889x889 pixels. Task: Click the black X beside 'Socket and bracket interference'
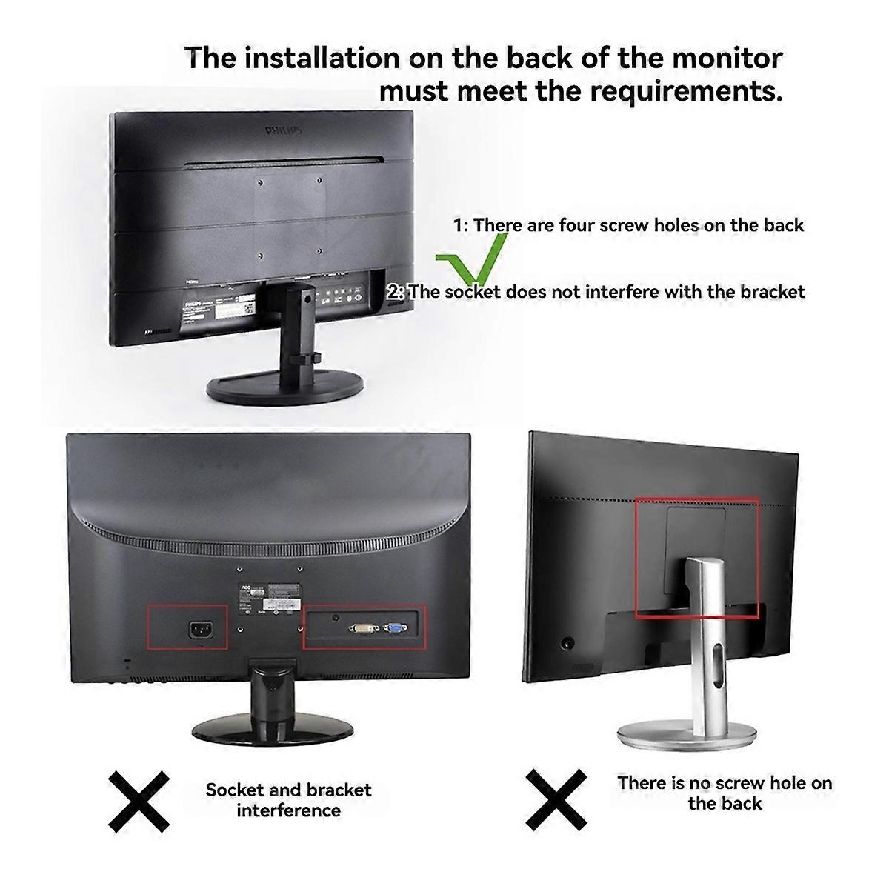[x=139, y=800]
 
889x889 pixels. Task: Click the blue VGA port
[x=394, y=629]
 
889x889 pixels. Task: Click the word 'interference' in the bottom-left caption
[x=288, y=810]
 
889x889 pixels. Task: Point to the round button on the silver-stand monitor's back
[x=568, y=644]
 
